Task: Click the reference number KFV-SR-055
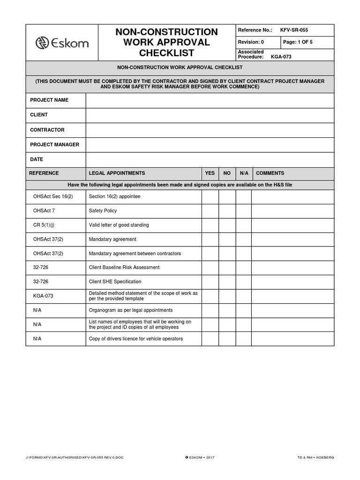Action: pos(294,30)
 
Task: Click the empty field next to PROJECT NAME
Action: pos(210,100)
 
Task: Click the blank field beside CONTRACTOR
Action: pos(210,130)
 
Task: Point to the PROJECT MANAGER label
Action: pos(55,145)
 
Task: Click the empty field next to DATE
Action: pos(210,160)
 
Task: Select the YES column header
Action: pos(210,173)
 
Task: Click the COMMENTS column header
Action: pos(270,173)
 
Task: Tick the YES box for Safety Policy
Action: pos(210,211)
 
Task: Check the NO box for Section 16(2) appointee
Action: pos(227,197)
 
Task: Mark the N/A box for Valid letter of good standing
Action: pos(244,225)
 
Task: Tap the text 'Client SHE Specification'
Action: pos(115,282)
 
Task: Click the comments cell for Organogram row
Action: pos(292,310)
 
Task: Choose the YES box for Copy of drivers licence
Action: pos(210,339)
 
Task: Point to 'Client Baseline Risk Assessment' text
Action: pos(124,268)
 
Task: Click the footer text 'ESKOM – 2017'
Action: pos(201,457)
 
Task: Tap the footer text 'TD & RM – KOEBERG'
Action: pos(315,457)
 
